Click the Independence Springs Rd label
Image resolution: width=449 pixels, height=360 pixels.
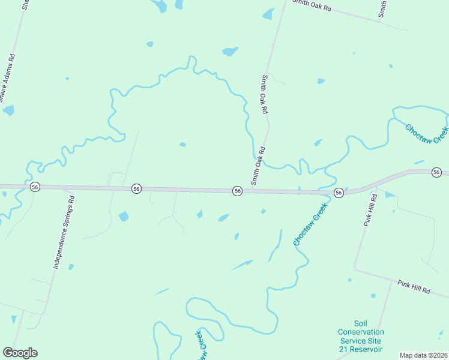coord(63,232)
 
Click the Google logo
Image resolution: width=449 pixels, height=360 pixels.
coord(20,353)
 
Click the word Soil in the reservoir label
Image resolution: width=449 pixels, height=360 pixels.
coord(360,323)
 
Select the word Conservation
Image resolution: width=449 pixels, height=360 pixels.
coord(361,332)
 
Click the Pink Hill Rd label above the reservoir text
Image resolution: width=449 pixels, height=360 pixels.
coord(414,286)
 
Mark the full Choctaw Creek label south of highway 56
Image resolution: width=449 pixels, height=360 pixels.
coord(310,224)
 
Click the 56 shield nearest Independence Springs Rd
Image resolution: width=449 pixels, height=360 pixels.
coord(35,187)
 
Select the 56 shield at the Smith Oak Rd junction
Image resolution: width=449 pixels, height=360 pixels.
coord(238,191)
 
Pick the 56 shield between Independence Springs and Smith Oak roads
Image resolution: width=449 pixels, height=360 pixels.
coord(137,189)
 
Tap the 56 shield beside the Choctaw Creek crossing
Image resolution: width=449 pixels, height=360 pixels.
coord(339,193)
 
